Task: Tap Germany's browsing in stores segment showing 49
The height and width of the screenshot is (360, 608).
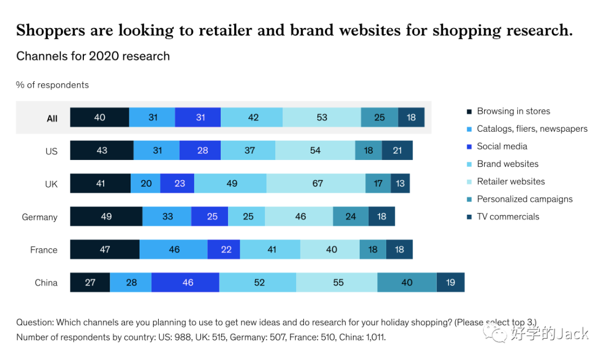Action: (x=106, y=216)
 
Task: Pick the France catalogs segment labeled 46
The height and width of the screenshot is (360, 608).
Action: (x=173, y=250)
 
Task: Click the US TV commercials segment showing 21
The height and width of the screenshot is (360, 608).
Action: (x=397, y=150)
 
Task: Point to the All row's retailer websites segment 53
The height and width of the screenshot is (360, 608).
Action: (x=321, y=117)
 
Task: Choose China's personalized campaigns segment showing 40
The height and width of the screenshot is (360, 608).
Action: (x=406, y=282)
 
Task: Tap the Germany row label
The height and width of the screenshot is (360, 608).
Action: (x=39, y=217)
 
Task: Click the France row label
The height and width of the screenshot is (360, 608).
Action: (x=44, y=250)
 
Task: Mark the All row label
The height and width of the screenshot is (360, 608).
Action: (x=52, y=118)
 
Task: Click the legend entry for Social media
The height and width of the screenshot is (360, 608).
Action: (x=502, y=146)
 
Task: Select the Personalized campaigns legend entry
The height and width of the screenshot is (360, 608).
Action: (x=524, y=199)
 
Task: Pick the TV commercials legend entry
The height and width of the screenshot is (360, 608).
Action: (x=508, y=217)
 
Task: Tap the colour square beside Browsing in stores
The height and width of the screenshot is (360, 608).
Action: (x=468, y=112)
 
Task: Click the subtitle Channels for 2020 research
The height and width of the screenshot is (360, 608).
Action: (x=93, y=56)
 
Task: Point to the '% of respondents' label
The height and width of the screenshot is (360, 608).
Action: (x=52, y=85)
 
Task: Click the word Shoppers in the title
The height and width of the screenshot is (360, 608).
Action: (x=50, y=30)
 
